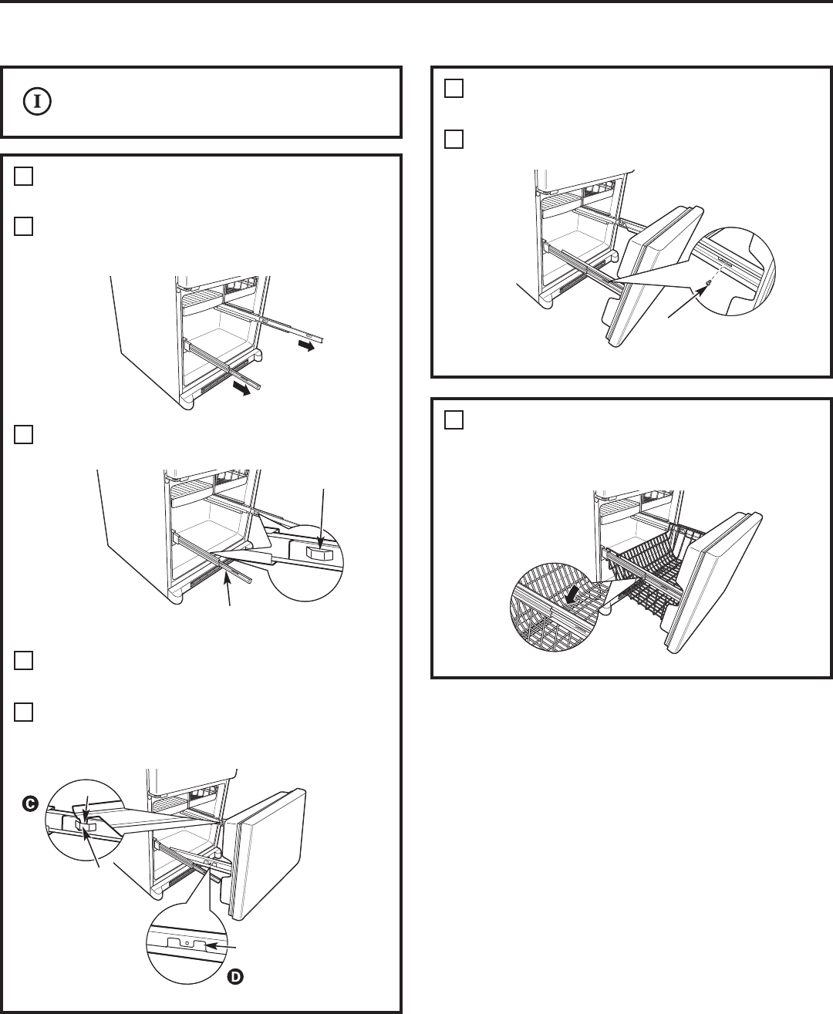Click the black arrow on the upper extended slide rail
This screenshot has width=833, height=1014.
pyautogui.click(x=305, y=347)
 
